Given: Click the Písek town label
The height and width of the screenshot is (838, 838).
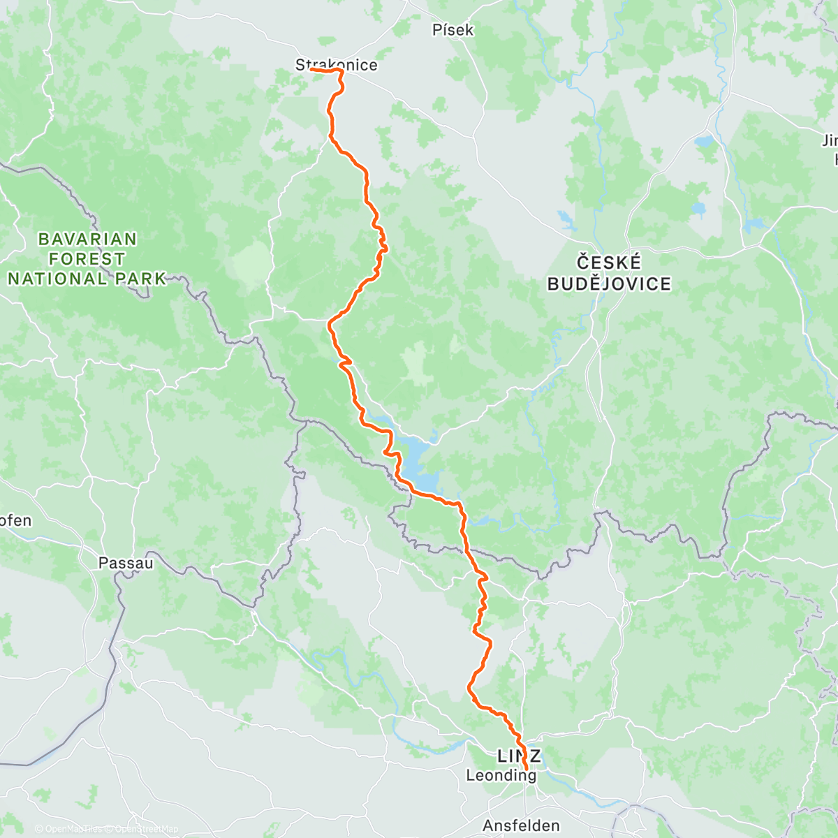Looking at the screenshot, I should [x=453, y=30].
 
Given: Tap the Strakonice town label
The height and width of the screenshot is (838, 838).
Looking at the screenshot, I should [x=336, y=65].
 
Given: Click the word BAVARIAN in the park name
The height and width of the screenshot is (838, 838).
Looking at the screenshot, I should [x=87, y=240].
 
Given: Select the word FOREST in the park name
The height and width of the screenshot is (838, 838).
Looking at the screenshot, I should [x=87, y=259].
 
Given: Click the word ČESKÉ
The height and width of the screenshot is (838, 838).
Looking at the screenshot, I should [x=609, y=263].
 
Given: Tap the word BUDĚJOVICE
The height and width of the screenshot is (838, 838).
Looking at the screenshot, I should [x=609, y=284].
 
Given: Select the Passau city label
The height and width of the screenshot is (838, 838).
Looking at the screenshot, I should [x=125, y=562].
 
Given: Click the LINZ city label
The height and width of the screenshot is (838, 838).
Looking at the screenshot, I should [x=518, y=756].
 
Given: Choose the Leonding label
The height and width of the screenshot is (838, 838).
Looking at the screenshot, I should [x=501, y=775].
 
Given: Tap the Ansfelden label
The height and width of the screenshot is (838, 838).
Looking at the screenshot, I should [x=521, y=825].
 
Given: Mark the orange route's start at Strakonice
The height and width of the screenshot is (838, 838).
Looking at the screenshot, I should [x=310, y=69].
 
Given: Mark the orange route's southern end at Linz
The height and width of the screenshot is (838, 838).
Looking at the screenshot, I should [x=525, y=770].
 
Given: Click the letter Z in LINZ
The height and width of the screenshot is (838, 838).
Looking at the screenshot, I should [x=534, y=756].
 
